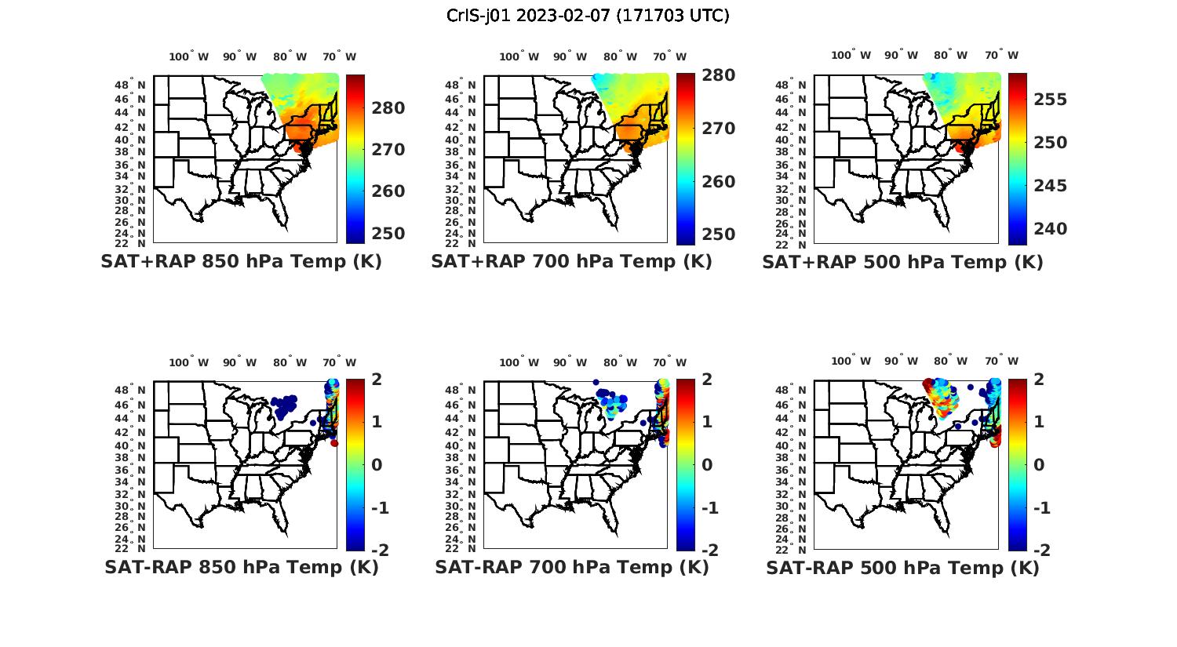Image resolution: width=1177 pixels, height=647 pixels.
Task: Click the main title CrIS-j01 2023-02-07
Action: tap(588, 15)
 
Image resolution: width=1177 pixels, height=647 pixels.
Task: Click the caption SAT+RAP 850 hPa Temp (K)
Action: tap(241, 261)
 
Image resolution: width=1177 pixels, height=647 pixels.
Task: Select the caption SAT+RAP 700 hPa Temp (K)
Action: tap(571, 261)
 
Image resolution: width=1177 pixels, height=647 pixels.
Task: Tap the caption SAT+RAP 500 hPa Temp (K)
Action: tap(902, 262)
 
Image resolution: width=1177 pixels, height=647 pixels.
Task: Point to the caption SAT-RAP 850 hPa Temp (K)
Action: tap(242, 567)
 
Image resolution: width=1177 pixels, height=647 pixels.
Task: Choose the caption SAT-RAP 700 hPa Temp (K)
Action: tap(572, 567)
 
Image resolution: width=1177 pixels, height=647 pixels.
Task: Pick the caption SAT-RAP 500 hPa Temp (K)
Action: tap(902, 568)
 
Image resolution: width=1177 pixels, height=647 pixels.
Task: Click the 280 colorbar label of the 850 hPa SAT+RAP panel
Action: tap(388, 108)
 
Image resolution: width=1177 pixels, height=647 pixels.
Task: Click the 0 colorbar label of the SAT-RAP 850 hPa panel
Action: tap(377, 465)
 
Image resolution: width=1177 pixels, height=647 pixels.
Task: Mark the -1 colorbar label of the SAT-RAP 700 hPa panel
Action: tap(709, 508)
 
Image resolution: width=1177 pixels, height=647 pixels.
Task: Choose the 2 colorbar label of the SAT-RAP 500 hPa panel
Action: tap(1040, 380)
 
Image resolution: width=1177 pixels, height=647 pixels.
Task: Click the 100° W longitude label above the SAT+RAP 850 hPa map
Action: tap(189, 56)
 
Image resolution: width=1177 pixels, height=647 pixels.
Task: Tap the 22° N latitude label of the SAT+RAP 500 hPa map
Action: tap(797, 243)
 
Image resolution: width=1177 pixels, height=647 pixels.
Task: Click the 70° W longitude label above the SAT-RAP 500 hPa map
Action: tap(1002, 362)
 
